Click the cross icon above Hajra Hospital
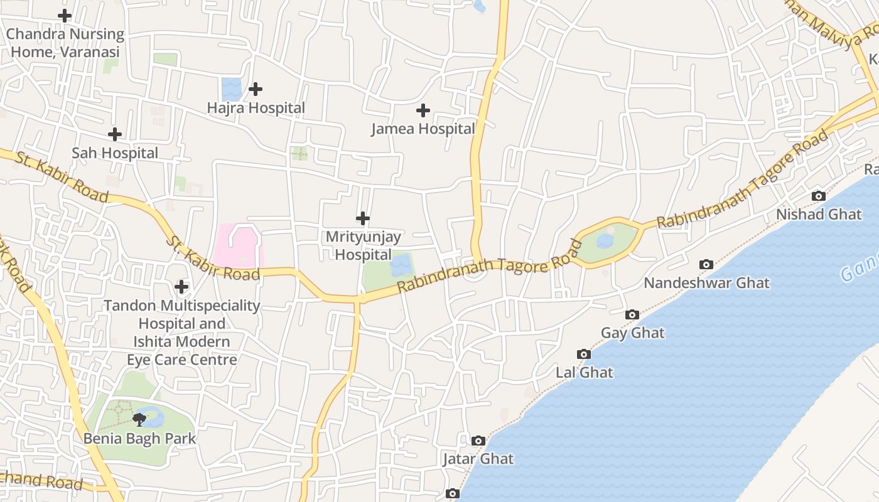point(255,89)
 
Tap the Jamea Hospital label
point(423,129)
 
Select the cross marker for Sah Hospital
point(115,134)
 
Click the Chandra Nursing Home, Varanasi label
point(65,43)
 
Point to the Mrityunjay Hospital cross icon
point(363,218)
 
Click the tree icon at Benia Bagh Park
point(139,419)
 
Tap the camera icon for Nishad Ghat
point(818,196)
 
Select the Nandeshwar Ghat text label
point(706,283)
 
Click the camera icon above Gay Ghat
point(632,315)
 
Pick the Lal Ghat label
point(585,373)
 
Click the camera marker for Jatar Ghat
point(478,441)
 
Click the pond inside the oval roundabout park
point(605,241)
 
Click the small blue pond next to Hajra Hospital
point(231,89)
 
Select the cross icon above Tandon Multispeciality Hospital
point(181,287)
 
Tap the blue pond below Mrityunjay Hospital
point(401,265)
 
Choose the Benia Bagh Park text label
point(140,439)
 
